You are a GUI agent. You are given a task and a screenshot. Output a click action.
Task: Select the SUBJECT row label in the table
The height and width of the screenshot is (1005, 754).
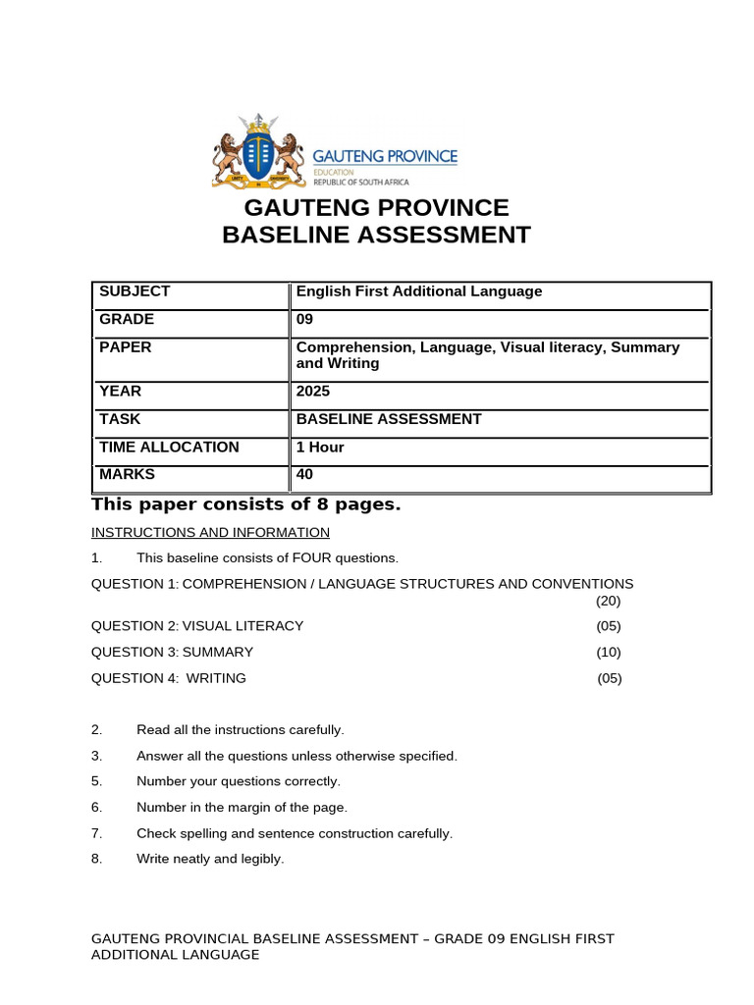point(135,291)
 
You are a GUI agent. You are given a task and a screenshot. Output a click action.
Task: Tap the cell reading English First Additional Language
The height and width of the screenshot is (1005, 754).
point(419,291)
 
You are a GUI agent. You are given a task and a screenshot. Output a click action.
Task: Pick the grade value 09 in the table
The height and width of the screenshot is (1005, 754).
point(304,320)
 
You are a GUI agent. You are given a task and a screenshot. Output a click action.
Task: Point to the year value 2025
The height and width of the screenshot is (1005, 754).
point(313,392)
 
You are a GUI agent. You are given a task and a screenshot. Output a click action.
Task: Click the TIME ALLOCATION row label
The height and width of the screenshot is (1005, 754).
point(169,448)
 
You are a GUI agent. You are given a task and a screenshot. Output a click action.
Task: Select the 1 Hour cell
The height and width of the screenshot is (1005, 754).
point(320,448)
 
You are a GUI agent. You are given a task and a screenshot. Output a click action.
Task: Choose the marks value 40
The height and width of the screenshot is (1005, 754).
point(304,475)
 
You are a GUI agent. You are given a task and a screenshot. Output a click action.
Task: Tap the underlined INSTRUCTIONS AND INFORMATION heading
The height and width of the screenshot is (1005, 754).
point(210,533)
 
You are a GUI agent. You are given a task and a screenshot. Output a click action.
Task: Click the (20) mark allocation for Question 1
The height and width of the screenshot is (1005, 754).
point(608,601)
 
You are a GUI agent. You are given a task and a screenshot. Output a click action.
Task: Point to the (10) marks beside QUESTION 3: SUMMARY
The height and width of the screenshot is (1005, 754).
point(608,653)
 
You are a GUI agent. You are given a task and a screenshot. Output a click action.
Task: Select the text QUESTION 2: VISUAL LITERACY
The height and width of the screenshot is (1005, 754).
point(197,626)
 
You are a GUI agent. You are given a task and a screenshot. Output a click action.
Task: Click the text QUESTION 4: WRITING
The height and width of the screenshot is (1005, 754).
point(169,678)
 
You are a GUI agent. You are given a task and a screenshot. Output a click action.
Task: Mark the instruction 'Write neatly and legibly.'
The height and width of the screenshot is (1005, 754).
point(210,859)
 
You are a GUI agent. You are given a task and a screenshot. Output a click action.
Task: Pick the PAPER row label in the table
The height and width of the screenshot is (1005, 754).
point(125,347)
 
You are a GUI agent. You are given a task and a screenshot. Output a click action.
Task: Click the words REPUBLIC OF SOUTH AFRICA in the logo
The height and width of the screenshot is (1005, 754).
point(360,182)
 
